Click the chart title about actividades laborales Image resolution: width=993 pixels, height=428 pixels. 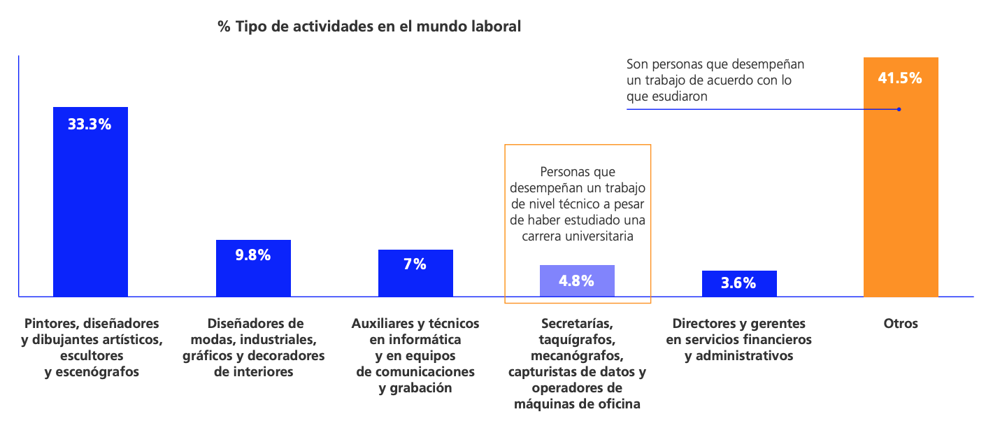point(369,27)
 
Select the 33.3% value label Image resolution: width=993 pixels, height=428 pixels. point(90,125)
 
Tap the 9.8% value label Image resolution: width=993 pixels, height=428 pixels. point(252,255)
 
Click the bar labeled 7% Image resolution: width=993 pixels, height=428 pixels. point(415,273)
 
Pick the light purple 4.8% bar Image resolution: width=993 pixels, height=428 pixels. point(577,280)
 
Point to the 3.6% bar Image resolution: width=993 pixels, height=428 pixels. point(738,283)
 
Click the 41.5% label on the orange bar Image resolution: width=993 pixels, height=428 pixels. point(900,78)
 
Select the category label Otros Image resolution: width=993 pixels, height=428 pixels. point(900,324)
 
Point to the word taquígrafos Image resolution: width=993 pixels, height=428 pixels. point(577,340)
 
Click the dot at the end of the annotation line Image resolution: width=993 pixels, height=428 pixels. point(899,109)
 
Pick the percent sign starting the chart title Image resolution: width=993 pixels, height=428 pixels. point(224,27)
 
